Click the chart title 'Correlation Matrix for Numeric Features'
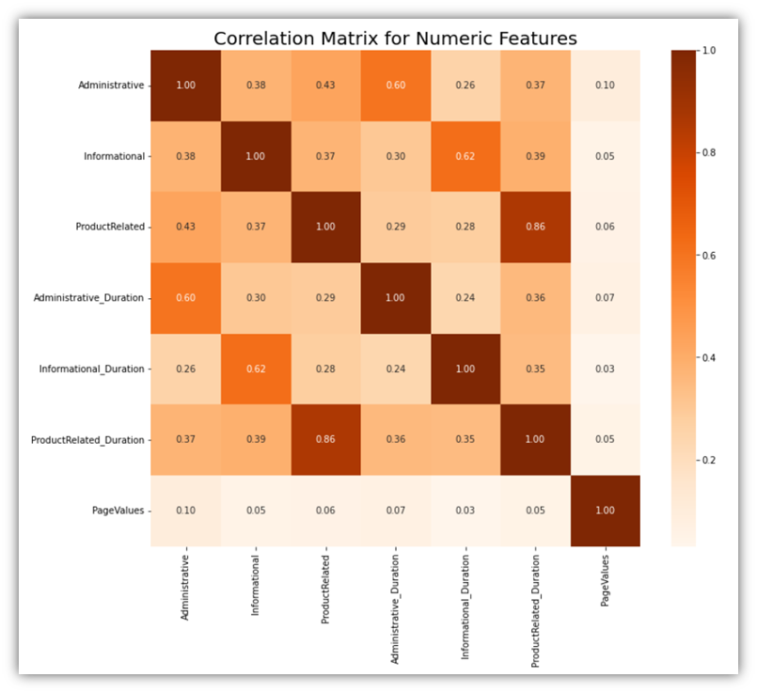pos(395,39)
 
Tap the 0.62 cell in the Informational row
pos(465,156)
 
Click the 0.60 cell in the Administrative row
pos(395,86)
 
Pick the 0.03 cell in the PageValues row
pos(465,511)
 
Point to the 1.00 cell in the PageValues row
pos(605,511)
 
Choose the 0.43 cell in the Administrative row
pos(324,86)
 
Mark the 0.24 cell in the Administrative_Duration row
pos(465,297)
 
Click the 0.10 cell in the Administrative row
pos(605,86)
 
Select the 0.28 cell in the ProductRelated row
pos(465,227)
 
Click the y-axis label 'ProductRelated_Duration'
pos(87,439)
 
